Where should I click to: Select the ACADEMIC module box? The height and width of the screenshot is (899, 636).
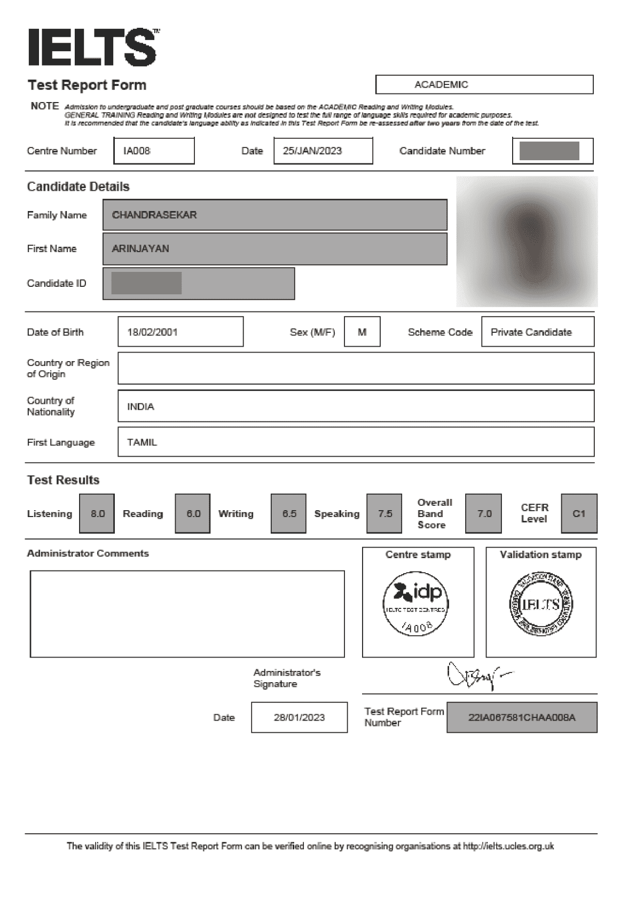[484, 84]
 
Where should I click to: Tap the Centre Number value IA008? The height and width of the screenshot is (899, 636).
[137, 151]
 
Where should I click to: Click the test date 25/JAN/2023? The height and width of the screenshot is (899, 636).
[312, 151]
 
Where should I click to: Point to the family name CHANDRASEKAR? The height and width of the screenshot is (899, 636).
[154, 215]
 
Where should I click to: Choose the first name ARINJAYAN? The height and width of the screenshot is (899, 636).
[140, 248]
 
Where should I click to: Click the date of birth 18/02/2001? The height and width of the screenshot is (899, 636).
[153, 332]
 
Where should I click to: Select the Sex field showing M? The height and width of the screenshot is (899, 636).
[362, 332]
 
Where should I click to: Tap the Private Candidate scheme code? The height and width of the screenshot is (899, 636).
[531, 332]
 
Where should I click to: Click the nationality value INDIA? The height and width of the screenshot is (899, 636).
[140, 406]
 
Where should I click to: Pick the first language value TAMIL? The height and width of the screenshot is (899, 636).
[142, 442]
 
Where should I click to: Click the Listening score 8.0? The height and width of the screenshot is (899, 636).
[97, 513]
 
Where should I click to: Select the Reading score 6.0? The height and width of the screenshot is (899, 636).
[193, 513]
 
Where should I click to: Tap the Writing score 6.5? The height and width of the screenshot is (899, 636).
[289, 513]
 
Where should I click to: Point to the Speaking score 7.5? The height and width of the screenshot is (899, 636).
[384, 513]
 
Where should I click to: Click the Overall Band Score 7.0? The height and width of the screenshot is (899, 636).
[484, 513]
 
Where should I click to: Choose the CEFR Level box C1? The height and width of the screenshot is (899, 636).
[579, 513]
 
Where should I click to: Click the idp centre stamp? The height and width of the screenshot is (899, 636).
[417, 603]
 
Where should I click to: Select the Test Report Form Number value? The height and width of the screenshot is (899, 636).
[522, 717]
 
